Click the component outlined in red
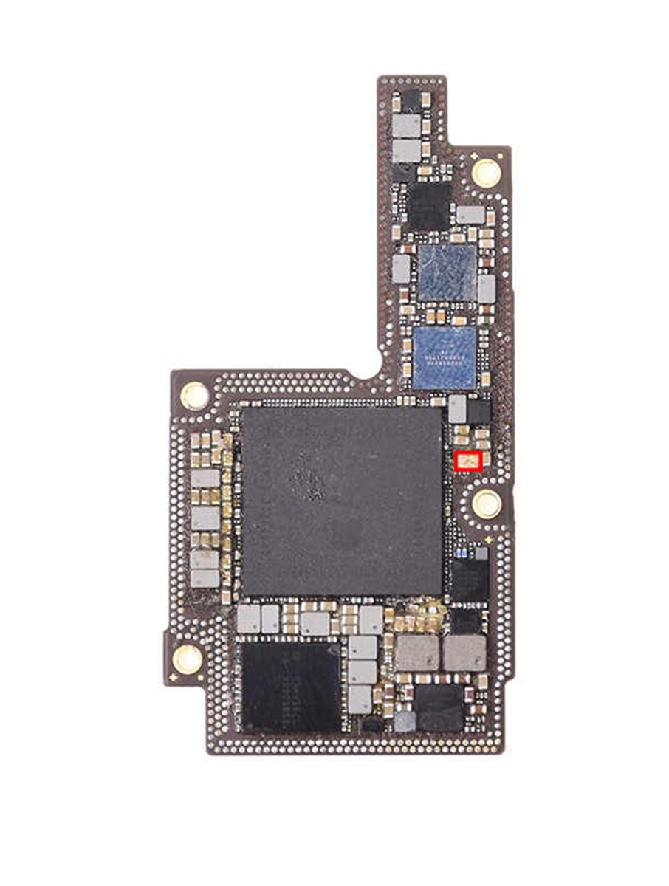(468, 461)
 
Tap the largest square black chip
(342, 500)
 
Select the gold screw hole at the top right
(486, 173)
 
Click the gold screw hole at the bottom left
(187, 658)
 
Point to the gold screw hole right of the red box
(487, 504)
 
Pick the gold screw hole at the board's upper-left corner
(195, 395)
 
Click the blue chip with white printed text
(445, 357)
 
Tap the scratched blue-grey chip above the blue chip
(447, 272)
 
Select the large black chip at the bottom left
(290, 687)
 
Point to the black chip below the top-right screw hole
(429, 206)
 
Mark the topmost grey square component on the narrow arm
(406, 125)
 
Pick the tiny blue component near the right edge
(463, 553)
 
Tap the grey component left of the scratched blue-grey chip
(401, 268)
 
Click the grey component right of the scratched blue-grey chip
(486, 289)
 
